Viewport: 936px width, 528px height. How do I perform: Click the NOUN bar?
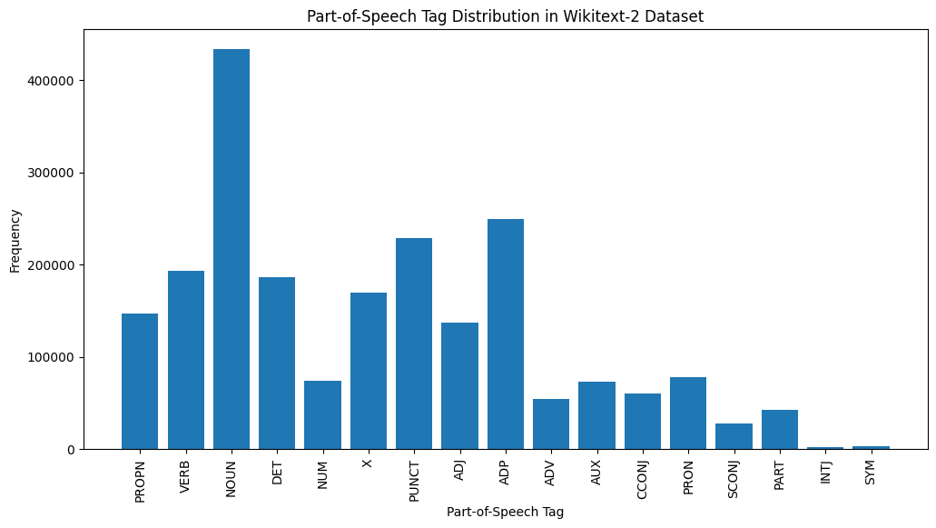(232, 249)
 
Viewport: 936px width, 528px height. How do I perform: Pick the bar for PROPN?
(140, 382)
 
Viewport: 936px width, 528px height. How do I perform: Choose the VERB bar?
(186, 360)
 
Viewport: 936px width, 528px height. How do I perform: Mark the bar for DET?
(277, 364)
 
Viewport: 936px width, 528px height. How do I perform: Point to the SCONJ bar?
(734, 436)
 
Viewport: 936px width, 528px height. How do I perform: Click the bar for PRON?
(688, 413)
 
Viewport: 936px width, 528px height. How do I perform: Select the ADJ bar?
(459, 386)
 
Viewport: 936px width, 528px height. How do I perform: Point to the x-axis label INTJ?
(825, 473)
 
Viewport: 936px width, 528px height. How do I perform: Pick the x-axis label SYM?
(871, 473)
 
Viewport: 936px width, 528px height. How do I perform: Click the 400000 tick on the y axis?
(55, 81)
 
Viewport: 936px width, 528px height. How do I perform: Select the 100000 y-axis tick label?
(55, 357)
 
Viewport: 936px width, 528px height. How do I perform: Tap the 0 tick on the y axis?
(72, 450)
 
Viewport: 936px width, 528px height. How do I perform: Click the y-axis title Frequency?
(15, 241)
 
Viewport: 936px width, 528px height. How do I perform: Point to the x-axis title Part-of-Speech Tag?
(505, 513)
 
